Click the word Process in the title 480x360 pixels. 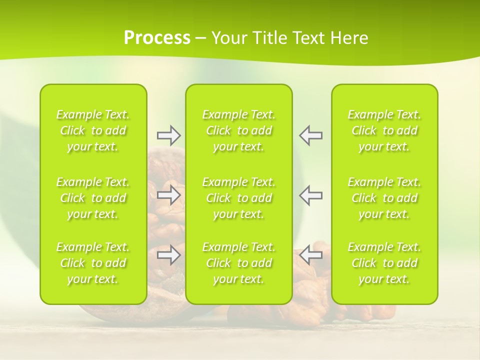157,38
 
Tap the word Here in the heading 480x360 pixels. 349,38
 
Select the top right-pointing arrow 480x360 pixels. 168,135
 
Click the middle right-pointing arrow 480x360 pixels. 168,195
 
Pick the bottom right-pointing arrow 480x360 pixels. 168,255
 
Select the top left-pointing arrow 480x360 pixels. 311,135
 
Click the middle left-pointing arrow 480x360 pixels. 311,195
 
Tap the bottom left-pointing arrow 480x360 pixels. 311,255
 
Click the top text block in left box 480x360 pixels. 93,130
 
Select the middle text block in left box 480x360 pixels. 93,198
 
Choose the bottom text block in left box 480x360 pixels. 93,263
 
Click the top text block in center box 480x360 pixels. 239,130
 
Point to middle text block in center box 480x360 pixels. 239,198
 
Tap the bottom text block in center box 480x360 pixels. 239,263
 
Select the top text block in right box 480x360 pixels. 384,130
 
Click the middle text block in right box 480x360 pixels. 384,198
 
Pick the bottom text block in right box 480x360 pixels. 384,263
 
